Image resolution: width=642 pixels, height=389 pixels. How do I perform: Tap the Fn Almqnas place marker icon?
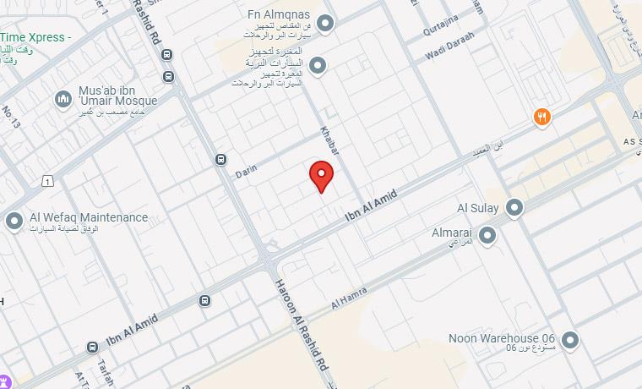coord(324,22)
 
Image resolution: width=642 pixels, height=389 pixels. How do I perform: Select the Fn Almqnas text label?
coord(279,15)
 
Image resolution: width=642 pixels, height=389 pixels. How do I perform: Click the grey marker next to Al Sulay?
coord(514,207)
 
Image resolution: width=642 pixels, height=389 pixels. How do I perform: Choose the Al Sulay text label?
coord(478,208)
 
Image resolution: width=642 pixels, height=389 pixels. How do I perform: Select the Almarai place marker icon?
coord(487,235)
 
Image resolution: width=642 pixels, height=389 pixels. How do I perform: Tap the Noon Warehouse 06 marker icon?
coord(571,341)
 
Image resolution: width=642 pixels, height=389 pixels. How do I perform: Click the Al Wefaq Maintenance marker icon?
coord(14,222)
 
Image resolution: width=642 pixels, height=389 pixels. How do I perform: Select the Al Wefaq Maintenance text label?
coord(89,217)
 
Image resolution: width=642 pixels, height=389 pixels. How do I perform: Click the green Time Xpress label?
coord(35,38)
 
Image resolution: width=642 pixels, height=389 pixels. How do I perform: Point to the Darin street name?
coord(247,170)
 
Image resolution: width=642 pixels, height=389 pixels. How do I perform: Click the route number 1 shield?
coord(48,181)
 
